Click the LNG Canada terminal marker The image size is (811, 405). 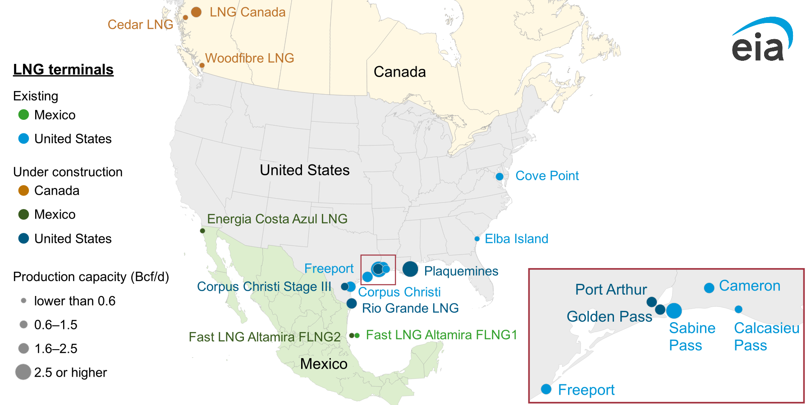tap(196, 12)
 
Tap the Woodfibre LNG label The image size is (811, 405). tap(249, 58)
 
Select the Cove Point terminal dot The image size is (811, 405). tap(499, 177)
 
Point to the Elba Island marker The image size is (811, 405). tap(477, 239)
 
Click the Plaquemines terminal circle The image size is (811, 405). tap(410, 269)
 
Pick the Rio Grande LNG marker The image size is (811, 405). tap(352, 304)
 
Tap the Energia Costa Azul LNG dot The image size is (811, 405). tap(202, 231)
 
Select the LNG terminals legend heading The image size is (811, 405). tap(63, 69)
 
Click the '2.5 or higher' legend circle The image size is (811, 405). tap(23, 372)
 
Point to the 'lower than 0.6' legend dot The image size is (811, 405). tap(23, 300)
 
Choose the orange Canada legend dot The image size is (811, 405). tap(23, 191)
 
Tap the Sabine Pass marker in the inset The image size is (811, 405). tap(674, 310)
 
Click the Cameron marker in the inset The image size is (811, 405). tap(709, 288)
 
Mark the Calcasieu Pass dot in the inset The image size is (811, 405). tap(738, 309)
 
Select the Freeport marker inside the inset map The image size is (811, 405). tap(546, 389)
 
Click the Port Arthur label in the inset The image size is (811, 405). tap(611, 289)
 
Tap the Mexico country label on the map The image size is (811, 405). tap(324, 364)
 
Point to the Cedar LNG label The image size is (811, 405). tap(140, 24)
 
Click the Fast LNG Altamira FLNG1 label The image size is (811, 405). tap(441, 335)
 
